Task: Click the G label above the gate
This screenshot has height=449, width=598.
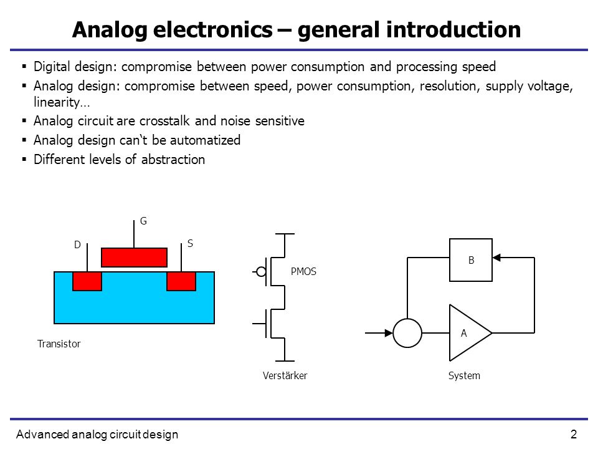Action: click(x=143, y=221)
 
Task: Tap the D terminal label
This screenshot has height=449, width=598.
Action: click(x=77, y=244)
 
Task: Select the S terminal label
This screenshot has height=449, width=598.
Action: click(x=191, y=243)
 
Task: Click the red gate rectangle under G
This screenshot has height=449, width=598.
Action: click(x=135, y=258)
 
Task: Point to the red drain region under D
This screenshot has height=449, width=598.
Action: click(x=87, y=281)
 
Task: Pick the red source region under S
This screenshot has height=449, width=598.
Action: click(x=181, y=281)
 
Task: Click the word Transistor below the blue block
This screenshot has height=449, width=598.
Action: click(x=59, y=344)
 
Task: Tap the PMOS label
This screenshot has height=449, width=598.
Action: click(x=303, y=271)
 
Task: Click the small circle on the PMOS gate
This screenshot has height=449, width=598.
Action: click(x=261, y=272)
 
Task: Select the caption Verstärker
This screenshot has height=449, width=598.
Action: click(x=285, y=375)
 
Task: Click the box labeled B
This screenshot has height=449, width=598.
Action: click(x=471, y=260)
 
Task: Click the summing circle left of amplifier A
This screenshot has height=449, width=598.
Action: click(x=407, y=333)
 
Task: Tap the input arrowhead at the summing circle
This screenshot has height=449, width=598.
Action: click(x=389, y=333)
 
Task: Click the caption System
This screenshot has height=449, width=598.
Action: click(x=464, y=375)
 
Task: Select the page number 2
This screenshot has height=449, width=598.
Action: click(x=574, y=434)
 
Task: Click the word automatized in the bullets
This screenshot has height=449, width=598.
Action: click(x=205, y=140)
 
